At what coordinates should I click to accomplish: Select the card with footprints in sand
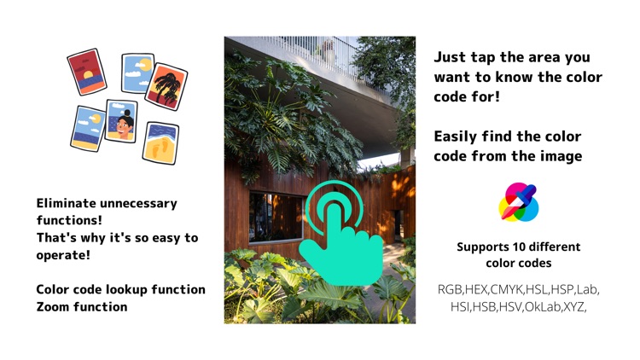pos(160,143)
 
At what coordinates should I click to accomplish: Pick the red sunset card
pos(86,71)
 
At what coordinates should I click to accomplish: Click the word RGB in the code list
pos(450,289)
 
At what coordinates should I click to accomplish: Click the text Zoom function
pos(82,306)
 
